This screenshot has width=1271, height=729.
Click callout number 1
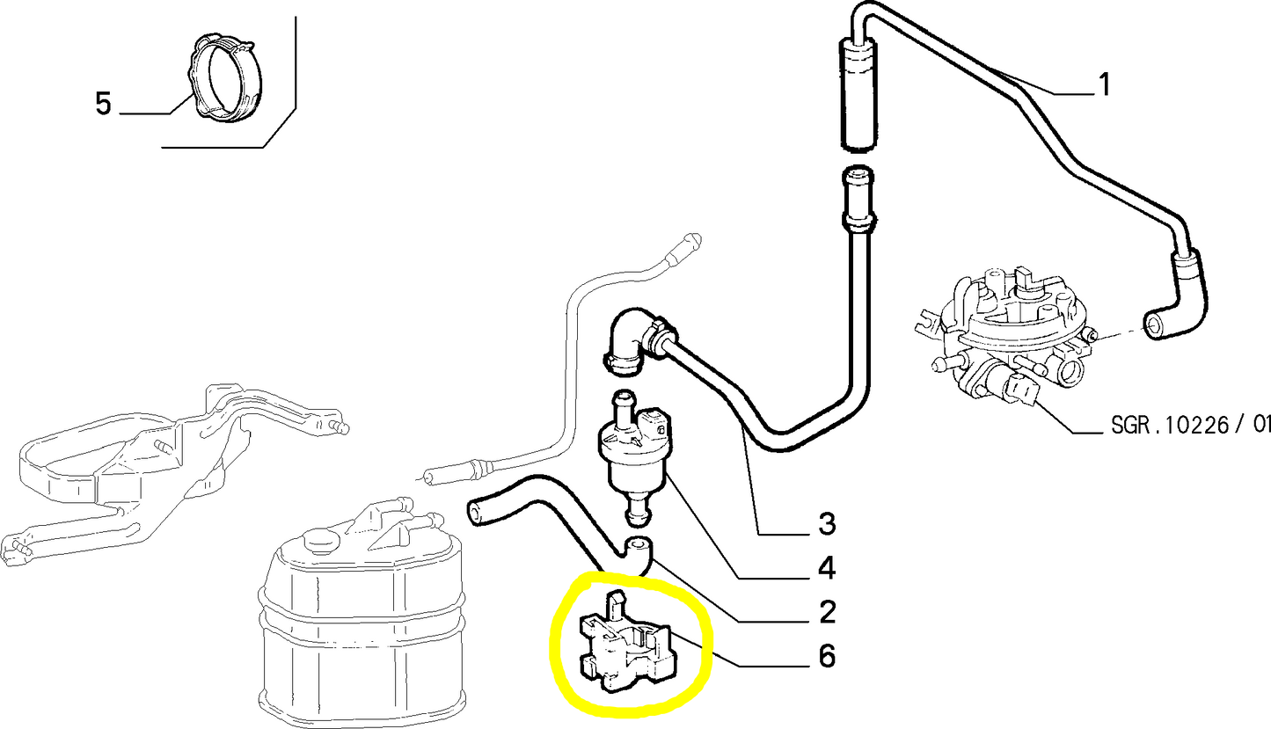click(1103, 85)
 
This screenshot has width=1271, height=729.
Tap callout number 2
click(826, 611)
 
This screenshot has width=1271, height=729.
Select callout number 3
click(826, 524)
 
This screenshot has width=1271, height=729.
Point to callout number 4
click(826, 568)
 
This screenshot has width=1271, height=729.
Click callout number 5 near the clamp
click(103, 105)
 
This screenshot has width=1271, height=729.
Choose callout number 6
click(826, 656)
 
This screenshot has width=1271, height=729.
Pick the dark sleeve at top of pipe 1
click(856, 97)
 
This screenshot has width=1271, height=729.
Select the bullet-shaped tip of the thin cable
click(690, 242)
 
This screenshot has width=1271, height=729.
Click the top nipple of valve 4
click(623, 405)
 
